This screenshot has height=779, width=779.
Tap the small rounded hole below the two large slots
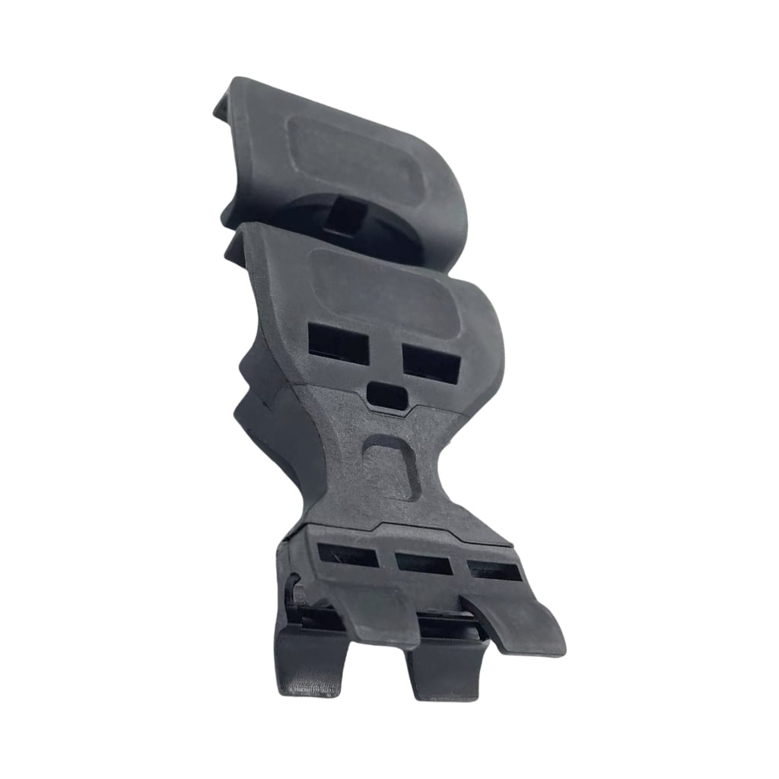[x=386, y=393]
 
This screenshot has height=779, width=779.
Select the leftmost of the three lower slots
[x=348, y=554]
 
